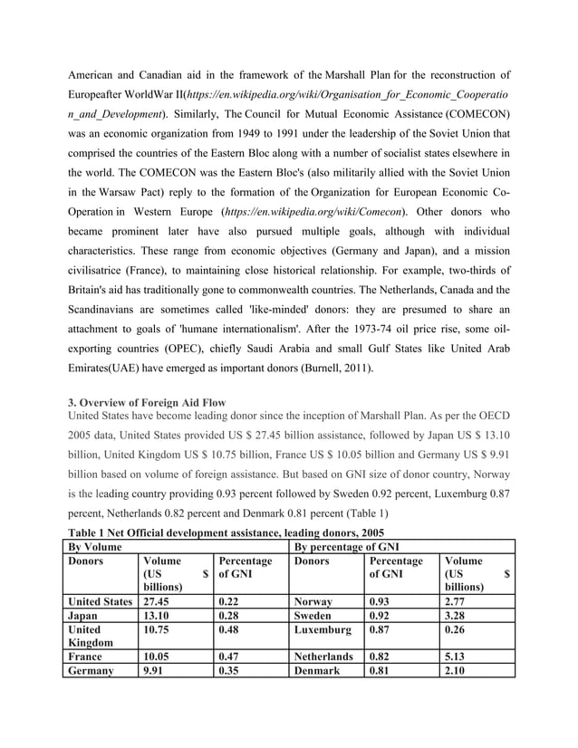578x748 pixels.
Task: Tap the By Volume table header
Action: (99, 547)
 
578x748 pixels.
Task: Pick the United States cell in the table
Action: (101, 600)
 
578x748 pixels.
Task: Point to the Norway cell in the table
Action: (313, 600)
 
